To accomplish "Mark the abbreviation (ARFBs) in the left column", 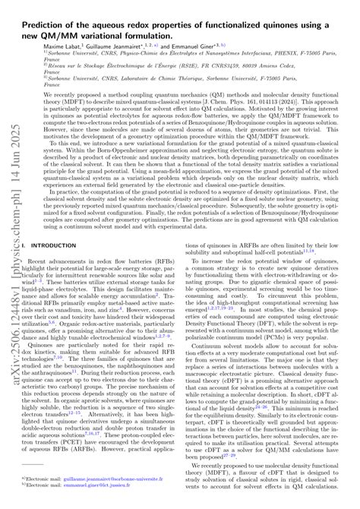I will click(112, 437).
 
